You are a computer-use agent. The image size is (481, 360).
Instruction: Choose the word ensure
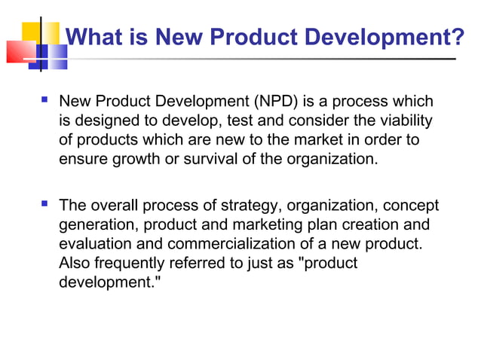(x=79, y=160)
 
